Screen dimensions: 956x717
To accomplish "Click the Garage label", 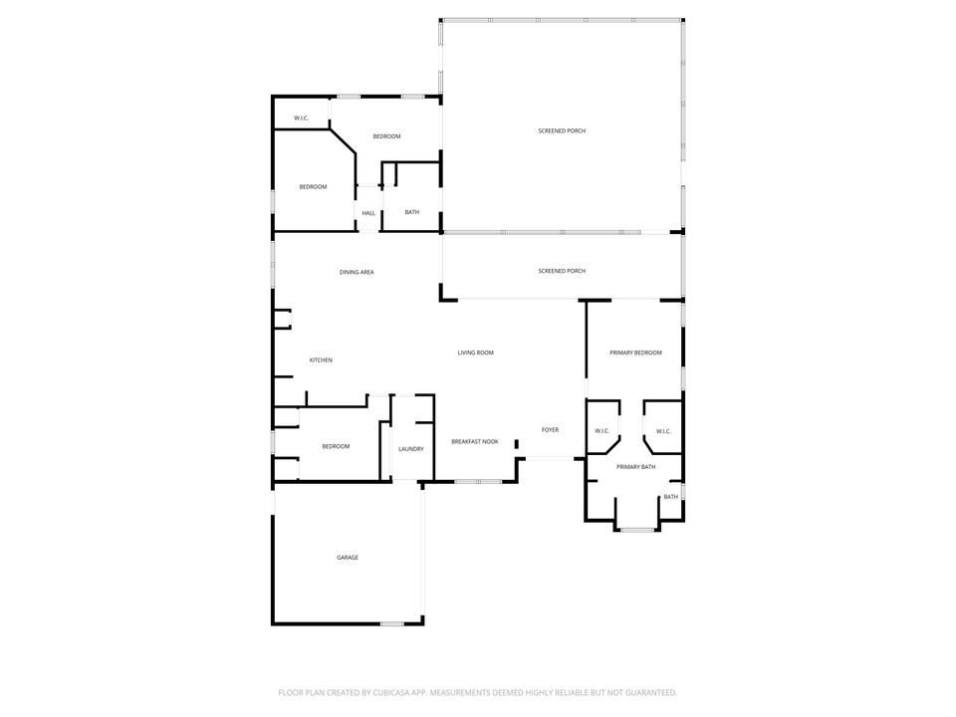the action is tap(348, 558).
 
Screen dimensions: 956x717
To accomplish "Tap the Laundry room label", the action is tap(411, 449).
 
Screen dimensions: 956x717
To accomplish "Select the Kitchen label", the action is tap(321, 360).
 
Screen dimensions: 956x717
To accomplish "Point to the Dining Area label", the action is tap(357, 272).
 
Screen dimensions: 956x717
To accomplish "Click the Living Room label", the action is tap(476, 353).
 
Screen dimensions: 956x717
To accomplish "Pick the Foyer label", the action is tap(550, 430).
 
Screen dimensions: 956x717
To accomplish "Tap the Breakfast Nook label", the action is tap(475, 441).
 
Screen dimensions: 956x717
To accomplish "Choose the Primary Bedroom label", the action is tap(636, 353).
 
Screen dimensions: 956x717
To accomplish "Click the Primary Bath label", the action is tap(636, 467).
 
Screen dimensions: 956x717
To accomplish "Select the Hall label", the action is tap(368, 213).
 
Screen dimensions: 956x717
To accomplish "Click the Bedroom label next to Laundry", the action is tap(336, 446).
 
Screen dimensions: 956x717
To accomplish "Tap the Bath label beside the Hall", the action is tap(412, 212).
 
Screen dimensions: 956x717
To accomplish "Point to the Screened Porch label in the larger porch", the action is tap(562, 130).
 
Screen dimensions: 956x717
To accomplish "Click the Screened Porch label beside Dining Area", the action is tap(562, 271).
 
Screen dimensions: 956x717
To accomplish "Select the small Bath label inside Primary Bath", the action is tap(670, 497).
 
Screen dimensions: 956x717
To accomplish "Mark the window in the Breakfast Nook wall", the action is tap(479, 482).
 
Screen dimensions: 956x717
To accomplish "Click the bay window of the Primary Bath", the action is tap(637, 530).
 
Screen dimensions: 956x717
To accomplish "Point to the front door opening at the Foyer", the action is tap(551, 458).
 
